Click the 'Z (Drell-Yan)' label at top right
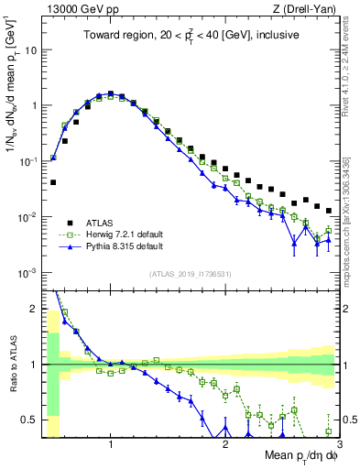[x=305, y=9]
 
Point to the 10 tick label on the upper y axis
[x=32, y=49]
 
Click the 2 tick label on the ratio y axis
[x=36, y=308]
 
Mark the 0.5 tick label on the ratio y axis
[x=31, y=420]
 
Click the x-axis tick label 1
[x=110, y=443]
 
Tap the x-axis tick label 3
[x=338, y=443]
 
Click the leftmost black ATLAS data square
[x=53, y=182]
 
